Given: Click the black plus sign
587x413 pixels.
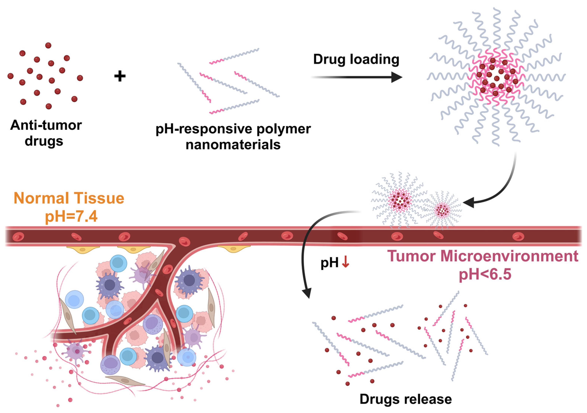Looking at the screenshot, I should pos(120,76).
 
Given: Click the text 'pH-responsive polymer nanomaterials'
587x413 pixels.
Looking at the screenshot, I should pos(233,137).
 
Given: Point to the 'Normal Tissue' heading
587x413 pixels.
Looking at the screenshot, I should pos(69,198).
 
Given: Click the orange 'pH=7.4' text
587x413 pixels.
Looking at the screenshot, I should pos(71,216).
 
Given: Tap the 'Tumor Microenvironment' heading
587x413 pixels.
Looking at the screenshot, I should pos(483,256).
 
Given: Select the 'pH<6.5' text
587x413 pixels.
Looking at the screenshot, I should pos(485,274).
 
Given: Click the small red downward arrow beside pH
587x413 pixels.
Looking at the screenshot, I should pos(345,262).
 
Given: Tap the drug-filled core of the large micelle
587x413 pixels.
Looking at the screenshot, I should pos(496,77).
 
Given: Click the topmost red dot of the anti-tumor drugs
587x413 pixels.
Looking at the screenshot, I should pos(48,46).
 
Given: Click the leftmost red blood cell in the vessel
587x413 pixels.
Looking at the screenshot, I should pos(18,237).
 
